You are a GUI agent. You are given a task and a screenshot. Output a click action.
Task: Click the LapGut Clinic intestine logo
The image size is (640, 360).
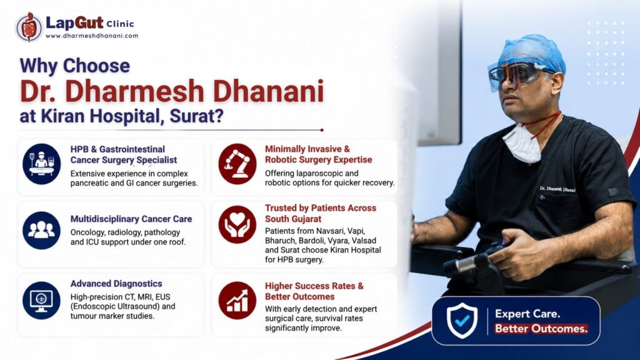pyautogui.click(x=29, y=27)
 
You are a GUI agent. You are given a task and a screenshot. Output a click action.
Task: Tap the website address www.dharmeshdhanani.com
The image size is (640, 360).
pyautogui.click(x=92, y=36)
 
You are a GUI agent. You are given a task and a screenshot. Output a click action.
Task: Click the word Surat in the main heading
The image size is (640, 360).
pyautogui.click(x=192, y=116)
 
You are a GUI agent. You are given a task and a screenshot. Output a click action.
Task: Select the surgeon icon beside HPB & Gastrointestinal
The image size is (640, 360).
pyautogui.click(x=42, y=164)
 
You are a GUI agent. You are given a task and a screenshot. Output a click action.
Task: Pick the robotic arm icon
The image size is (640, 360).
pyautogui.click(x=237, y=164)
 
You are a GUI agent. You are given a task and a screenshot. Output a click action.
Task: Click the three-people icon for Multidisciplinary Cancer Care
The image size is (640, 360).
pyautogui.click(x=42, y=230)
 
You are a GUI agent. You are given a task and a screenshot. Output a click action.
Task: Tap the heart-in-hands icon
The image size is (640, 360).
pyautogui.click(x=237, y=224)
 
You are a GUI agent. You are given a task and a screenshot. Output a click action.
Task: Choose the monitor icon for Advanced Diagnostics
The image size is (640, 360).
pyautogui.click(x=42, y=301)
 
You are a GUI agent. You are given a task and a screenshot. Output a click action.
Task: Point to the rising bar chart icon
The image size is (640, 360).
pyautogui.click(x=237, y=301)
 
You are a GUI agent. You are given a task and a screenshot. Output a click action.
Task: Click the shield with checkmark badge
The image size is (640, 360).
pyautogui.click(x=462, y=321)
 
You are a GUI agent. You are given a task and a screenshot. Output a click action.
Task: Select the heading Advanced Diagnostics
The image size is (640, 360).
pyautogui.click(x=116, y=284)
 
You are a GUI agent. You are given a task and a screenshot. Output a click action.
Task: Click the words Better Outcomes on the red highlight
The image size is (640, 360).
pyautogui.click(x=541, y=329)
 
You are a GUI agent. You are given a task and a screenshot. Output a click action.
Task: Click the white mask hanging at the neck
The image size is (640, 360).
pyautogui.click(x=522, y=143)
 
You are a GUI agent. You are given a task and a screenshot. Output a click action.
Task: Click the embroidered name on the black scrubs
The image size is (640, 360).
pyautogui.click(x=557, y=189)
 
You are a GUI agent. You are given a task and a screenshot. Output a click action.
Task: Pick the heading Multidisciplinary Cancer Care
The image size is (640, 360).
pyautogui.click(x=131, y=219)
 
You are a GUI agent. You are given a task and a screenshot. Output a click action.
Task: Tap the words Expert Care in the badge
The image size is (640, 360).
pyautogui.click(x=527, y=314)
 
